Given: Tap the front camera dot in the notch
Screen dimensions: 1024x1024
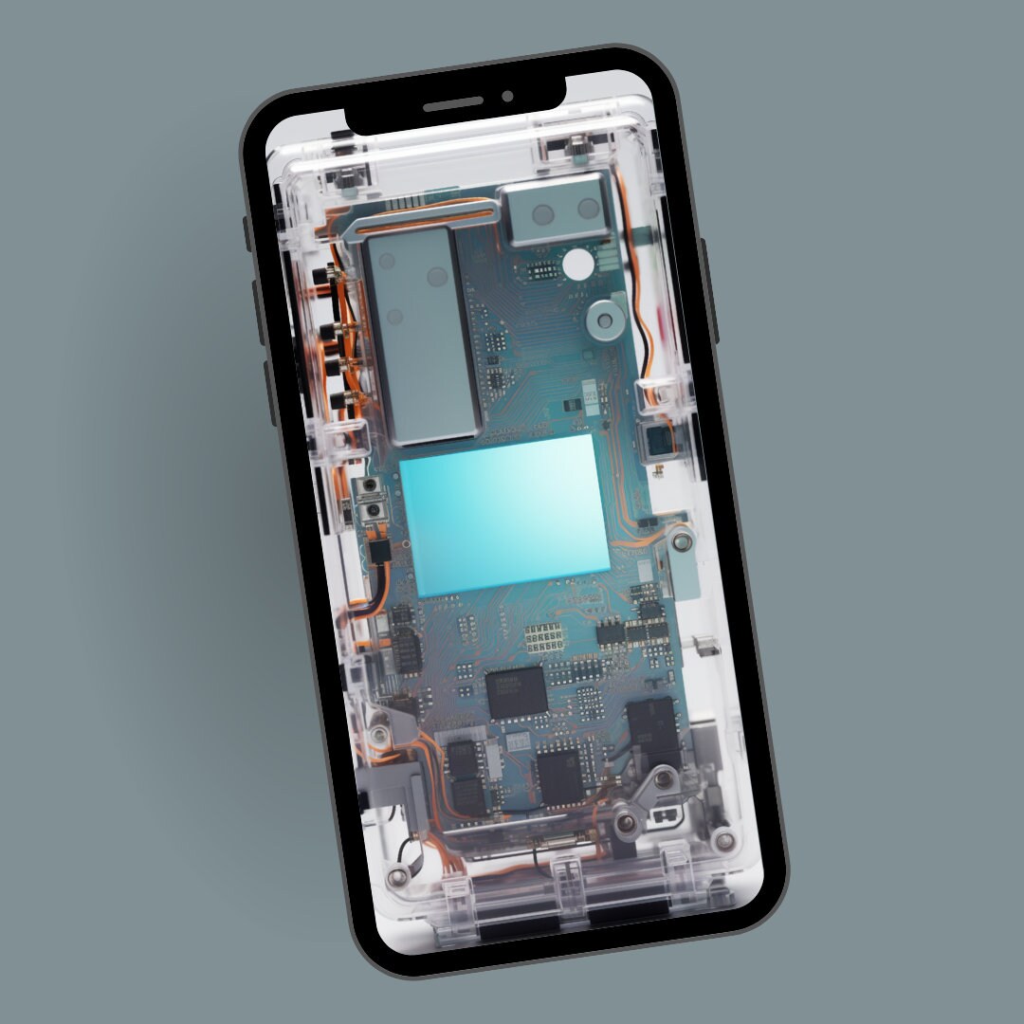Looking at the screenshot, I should [x=508, y=96].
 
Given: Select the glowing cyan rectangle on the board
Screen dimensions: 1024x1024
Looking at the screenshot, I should [x=504, y=515].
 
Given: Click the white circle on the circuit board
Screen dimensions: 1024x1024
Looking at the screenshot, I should [x=576, y=264].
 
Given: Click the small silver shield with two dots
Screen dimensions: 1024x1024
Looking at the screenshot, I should [x=555, y=209].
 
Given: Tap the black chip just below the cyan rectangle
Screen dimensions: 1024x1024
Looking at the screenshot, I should [x=517, y=691].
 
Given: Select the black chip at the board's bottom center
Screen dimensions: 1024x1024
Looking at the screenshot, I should [x=559, y=775].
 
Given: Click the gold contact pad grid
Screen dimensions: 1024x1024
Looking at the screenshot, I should [x=548, y=636].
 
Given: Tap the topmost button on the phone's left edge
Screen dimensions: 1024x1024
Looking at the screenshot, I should [x=247, y=233].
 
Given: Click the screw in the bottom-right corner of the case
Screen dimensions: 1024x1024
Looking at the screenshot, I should [x=725, y=838].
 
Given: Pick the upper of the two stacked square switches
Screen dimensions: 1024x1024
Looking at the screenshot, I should [x=369, y=489].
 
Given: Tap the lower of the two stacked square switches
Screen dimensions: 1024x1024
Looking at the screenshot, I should [x=375, y=513].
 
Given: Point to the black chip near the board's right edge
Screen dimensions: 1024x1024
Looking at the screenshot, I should [x=654, y=729].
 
